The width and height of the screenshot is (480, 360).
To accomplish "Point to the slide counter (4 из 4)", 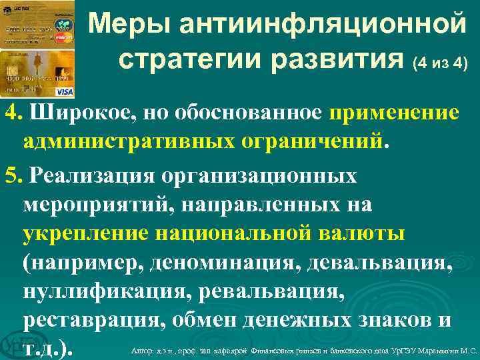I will pos(441,64).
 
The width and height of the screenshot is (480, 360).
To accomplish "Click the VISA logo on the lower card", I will pos(65,91).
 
